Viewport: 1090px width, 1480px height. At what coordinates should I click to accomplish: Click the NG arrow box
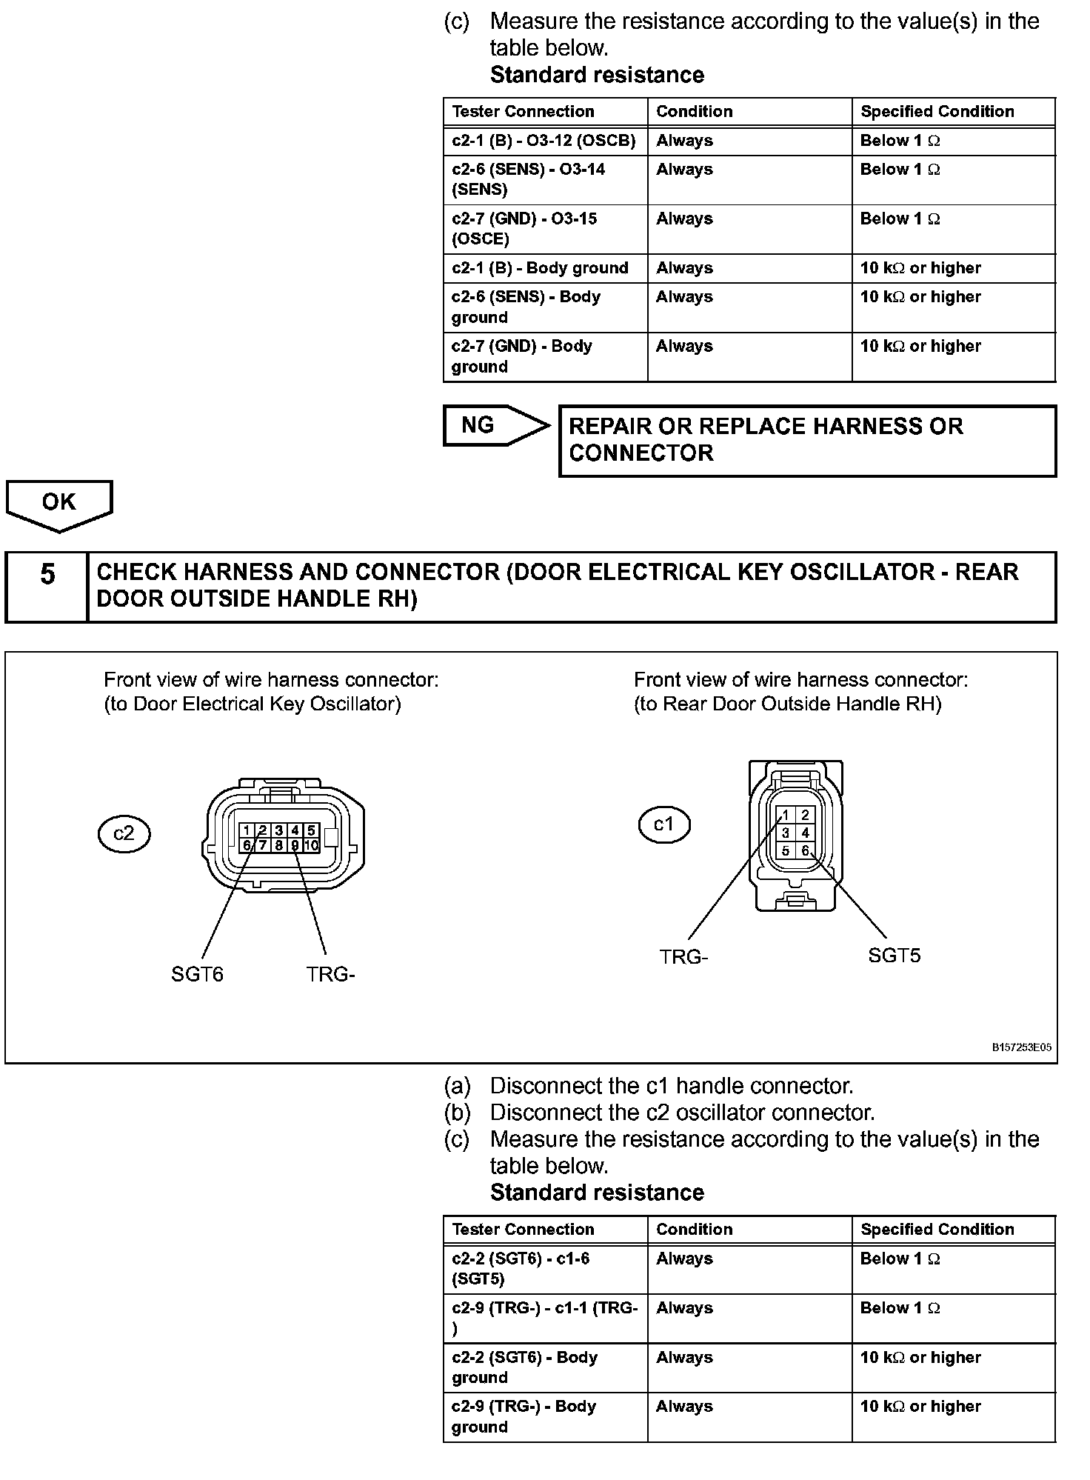pos(489,425)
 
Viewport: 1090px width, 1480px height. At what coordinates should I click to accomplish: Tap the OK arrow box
pos(58,503)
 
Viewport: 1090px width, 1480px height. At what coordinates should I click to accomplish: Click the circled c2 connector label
pos(124,833)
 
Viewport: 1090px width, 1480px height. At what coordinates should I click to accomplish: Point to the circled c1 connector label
pos(663,824)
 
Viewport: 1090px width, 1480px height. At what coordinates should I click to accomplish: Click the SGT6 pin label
pos(197,974)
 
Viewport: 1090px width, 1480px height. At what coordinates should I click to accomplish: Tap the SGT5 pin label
pos(894,956)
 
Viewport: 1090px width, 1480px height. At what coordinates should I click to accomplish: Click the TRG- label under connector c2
pos(330,974)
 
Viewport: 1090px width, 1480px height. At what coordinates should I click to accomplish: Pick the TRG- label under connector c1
pos(683,957)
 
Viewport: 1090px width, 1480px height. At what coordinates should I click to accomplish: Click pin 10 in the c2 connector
pos(312,845)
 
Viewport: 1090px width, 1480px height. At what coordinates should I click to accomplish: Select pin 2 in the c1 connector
pos(805,815)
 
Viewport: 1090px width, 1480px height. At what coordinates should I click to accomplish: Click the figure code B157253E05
pos(1021,1047)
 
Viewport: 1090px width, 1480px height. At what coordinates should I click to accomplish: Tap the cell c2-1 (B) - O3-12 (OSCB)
pos(544,141)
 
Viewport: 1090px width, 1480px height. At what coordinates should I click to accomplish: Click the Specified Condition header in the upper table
pos(937,111)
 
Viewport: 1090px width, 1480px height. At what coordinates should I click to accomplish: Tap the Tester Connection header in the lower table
pos(523,1229)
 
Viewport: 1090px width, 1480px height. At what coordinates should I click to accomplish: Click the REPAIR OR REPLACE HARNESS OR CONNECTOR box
pos(807,440)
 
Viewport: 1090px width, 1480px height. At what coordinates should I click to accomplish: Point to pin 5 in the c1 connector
pos(786,851)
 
